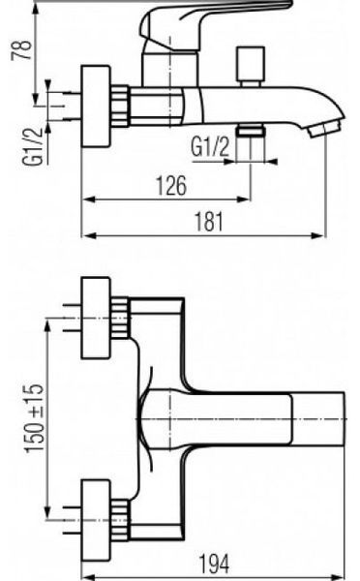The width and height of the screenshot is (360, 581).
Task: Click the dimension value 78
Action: pos(21,49)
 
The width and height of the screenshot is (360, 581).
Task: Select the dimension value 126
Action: pos(171,186)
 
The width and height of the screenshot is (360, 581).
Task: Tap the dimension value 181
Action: pos(209,222)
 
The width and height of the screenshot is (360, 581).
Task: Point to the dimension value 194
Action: pos(214,564)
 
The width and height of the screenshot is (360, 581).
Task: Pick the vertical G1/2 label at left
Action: pos(33,147)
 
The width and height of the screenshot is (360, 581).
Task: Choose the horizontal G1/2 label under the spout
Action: pos(210,146)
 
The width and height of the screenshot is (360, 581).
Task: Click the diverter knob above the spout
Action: pos(251,66)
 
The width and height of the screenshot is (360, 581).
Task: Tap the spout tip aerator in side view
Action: pos(325,128)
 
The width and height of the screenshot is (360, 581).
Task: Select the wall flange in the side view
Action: pos(96,107)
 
